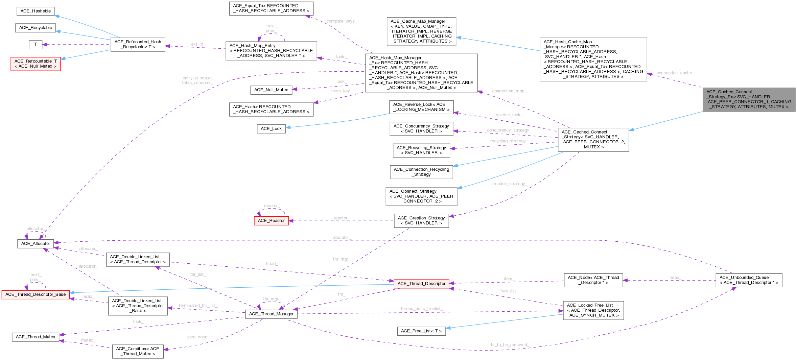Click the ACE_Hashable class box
pos(36,11)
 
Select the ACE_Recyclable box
pos(36,28)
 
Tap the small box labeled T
pos(36,44)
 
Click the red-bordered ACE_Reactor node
pos(271,221)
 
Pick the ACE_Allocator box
pos(36,244)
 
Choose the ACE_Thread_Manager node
pos(271,314)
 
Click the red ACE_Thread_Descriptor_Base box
pos(36,294)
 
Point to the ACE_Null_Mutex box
pos(271,90)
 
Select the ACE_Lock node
pos(271,129)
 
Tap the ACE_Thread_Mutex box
pos(36,337)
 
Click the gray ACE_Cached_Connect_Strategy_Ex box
pos(749,99)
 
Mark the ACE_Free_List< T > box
pos(421,331)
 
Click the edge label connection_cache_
pos(675,73)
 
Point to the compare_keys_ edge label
pos(342,21)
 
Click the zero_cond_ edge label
pos(198,337)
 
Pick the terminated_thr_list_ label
pos(198,306)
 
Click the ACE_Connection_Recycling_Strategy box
pos(421,172)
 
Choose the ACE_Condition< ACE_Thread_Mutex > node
pos(137,351)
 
